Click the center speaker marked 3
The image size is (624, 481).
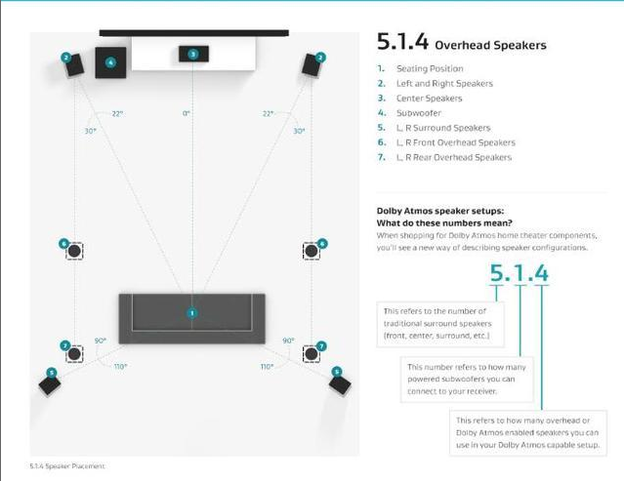tap(193, 54)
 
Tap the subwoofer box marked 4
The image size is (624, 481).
tap(110, 62)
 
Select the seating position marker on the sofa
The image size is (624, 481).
tap(192, 312)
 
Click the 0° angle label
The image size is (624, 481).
tap(187, 114)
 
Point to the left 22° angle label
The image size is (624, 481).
tap(117, 114)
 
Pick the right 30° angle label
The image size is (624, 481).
tap(299, 131)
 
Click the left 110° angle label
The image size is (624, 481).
tap(120, 367)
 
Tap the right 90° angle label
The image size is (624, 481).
tap(288, 341)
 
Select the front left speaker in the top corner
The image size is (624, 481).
tap(71, 65)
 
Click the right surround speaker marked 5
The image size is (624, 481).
tap(340, 381)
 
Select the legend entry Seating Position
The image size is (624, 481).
tap(430, 68)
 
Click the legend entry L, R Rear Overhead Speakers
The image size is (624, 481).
tap(454, 157)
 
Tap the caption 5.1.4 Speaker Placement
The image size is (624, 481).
tap(67, 466)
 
